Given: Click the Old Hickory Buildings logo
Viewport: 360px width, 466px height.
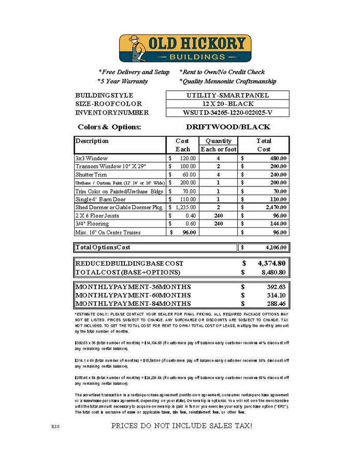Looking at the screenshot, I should pos(185,48).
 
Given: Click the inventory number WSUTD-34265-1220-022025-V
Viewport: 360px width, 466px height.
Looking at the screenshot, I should pos(227,113).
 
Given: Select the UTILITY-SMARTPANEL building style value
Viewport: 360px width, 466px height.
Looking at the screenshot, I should pos(227,95).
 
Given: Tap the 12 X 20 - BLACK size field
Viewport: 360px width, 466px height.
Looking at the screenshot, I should pos(227,104).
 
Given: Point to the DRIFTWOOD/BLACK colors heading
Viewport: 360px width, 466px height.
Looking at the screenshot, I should pos(227,127).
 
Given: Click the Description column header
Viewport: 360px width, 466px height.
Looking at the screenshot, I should pos(92,141).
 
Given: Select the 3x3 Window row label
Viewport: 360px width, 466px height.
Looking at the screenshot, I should pos(91,158).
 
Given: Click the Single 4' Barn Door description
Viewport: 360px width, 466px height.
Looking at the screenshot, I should pos(100,199).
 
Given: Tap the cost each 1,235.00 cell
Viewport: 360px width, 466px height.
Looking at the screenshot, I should pos(185,207).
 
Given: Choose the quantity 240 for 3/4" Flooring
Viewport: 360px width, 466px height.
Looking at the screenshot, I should pos(218,224).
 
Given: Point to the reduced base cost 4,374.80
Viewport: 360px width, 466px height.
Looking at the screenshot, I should pos(271,263).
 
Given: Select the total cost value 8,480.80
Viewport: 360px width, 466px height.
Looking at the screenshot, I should pos(271,272).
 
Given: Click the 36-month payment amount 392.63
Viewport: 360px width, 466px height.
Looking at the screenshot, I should pos(276,287).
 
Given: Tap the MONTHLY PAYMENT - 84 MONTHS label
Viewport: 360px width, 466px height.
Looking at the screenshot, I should pos(133,303).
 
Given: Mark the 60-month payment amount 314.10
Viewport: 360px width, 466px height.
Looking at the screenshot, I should pos(276,295).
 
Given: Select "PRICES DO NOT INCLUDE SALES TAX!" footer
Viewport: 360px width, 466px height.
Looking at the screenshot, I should pos(182,426).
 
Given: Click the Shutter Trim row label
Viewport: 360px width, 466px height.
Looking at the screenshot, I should pos(91,174).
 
